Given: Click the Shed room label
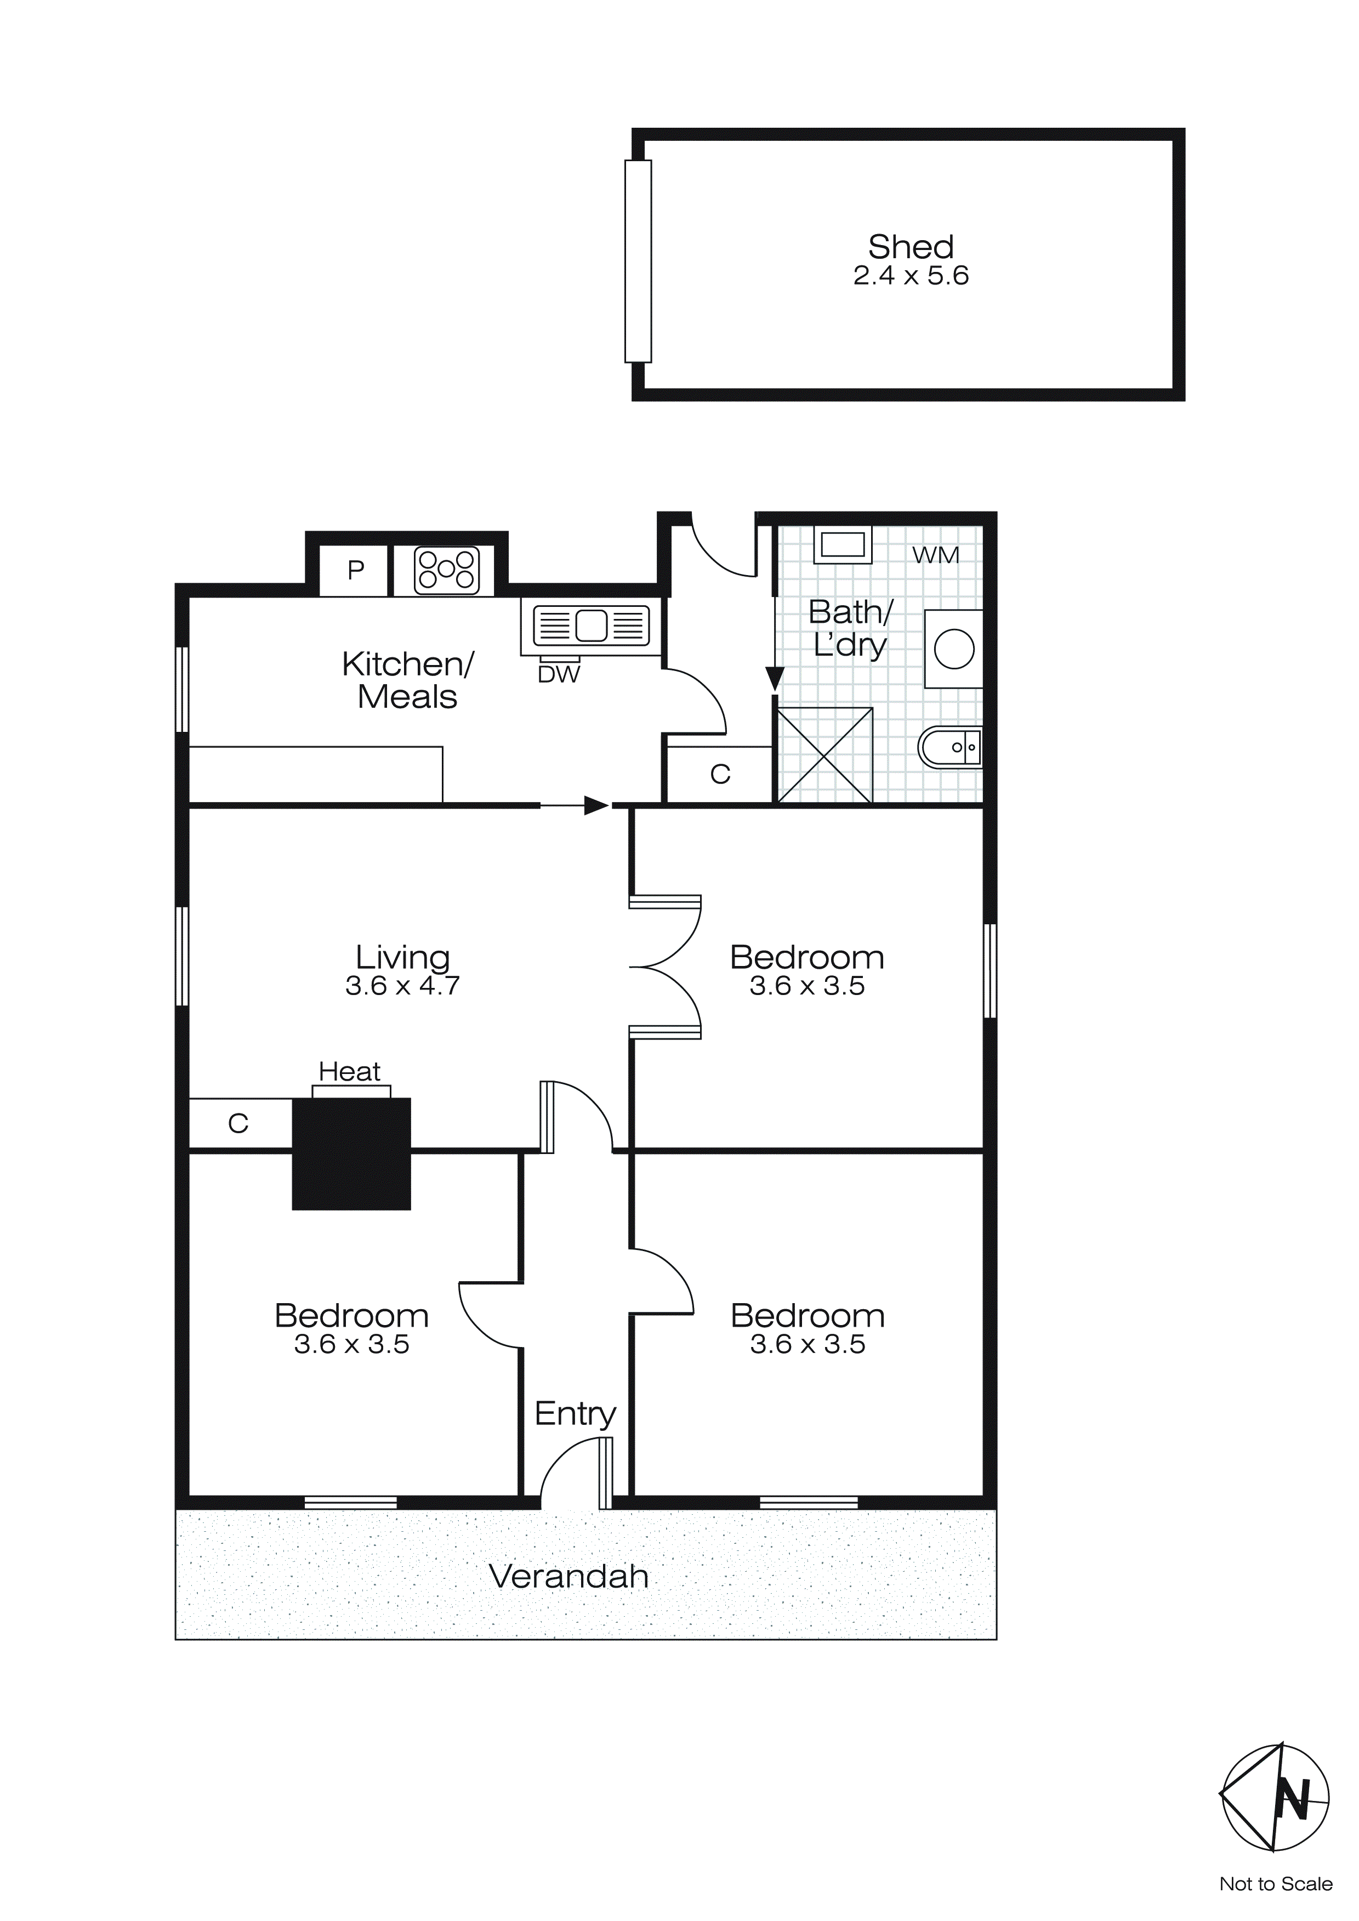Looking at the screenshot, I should pyautogui.click(x=911, y=247).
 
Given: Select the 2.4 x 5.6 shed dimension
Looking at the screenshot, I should pyautogui.click(x=911, y=276).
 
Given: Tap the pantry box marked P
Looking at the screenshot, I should pyautogui.click(x=356, y=571).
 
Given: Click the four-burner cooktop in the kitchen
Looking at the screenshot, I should pyautogui.click(x=447, y=570).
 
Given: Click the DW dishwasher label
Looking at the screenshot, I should pyautogui.click(x=558, y=674).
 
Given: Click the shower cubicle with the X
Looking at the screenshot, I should pyautogui.click(x=825, y=755).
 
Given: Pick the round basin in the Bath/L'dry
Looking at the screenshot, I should pyautogui.click(x=954, y=649).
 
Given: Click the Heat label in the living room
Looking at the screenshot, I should pyautogui.click(x=349, y=1072).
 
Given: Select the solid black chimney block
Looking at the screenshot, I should pyautogui.click(x=351, y=1154).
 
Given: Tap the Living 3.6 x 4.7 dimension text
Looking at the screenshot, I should pyautogui.click(x=402, y=986).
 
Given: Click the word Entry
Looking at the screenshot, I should pyautogui.click(x=575, y=1414).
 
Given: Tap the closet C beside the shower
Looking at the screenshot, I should pyautogui.click(x=720, y=775).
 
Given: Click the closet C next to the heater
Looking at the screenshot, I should pyautogui.click(x=238, y=1124).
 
